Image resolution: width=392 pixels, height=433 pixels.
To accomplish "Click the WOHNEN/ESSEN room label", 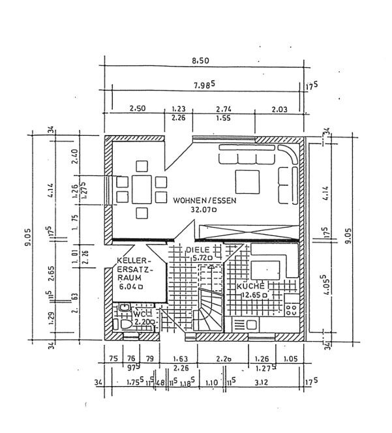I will pos(205,201).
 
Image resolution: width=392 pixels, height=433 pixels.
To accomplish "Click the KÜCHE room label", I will pos(250,286).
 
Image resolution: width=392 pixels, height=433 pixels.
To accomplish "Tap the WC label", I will pos(140,313).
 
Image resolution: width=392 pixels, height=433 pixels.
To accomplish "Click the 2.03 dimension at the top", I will pos(279,109).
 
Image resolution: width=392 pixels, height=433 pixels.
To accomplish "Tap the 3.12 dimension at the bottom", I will pos(264,381).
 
